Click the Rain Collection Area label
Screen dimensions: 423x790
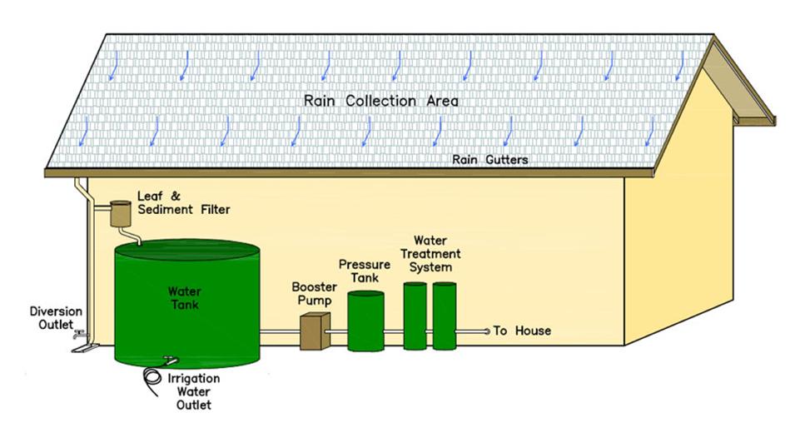(380, 101)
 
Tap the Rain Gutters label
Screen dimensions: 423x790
(489, 159)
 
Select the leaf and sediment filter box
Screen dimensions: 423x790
(121, 216)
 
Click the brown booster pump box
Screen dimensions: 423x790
(315, 331)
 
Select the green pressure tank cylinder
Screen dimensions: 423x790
(365, 321)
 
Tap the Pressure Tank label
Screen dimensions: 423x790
(360, 271)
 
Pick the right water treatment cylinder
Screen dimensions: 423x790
(445, 316)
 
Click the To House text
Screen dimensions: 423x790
(522, 331)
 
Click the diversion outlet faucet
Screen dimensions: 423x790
(80, 336)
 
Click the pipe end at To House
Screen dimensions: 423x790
(487, 331)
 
